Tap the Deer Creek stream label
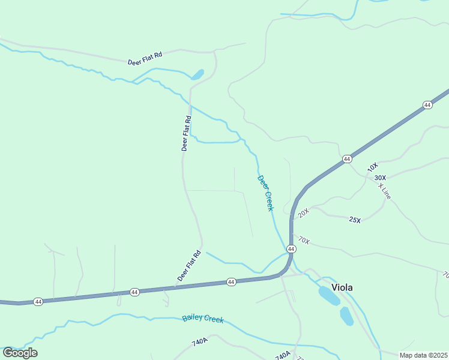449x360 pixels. (265, 193)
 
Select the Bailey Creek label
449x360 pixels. (203, 319)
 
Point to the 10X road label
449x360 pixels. (373, 167)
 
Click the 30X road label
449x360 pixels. (380, 178)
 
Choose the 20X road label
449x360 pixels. (303, 212)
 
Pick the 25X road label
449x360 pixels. (355, 220)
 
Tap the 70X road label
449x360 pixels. (303, 241)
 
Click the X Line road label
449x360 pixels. (384, 191)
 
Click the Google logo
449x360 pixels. (20, 352)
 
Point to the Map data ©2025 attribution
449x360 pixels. (423, 355)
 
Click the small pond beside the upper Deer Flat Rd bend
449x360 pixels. (197, 75)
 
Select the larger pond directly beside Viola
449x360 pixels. (329, 295)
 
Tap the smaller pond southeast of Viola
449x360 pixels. (346, 316)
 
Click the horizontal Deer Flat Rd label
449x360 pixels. (145, 59)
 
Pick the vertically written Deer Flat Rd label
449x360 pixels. (186, 133)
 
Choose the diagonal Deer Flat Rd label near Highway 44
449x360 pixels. (188, 266)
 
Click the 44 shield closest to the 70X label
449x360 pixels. (291, 248)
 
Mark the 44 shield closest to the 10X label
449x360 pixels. (347, 158)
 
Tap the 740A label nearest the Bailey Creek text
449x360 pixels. (200, 343)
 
